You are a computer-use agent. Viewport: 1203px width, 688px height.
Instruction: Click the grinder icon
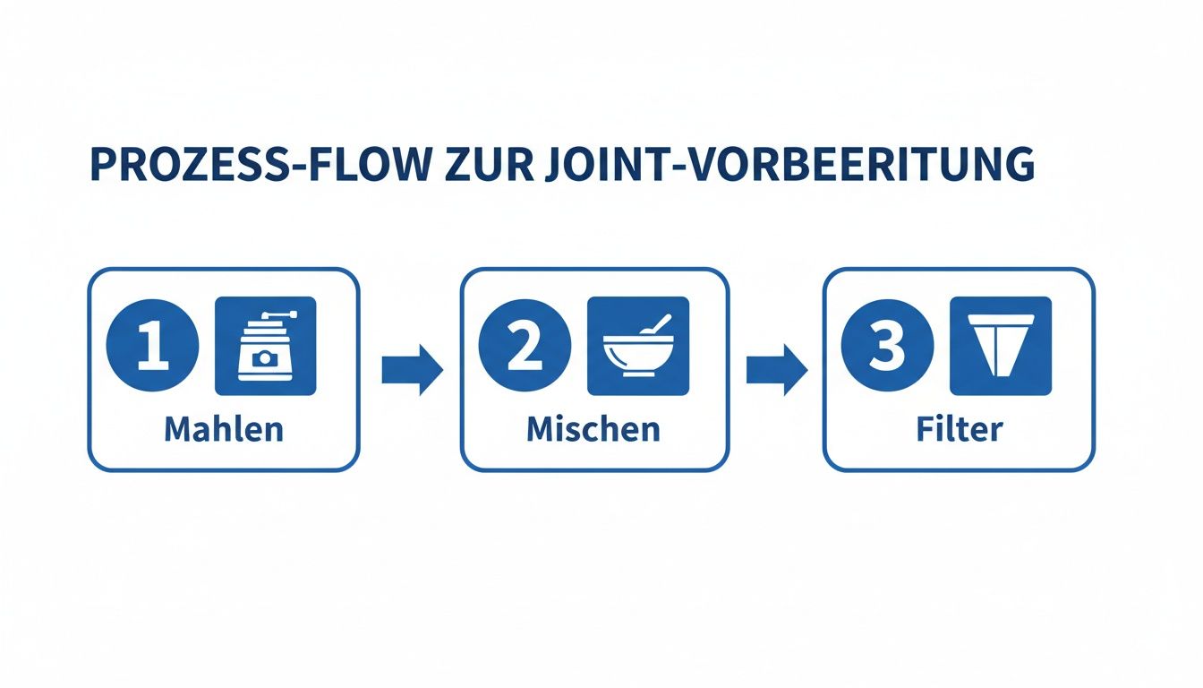pos(265,346)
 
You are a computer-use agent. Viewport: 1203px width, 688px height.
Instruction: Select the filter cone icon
pos(1001,346)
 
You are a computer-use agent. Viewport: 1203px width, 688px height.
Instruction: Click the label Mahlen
pos(224,429)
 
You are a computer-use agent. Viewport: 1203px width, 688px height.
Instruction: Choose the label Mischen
pos(593,429)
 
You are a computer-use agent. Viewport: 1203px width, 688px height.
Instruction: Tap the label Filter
pos(960,429)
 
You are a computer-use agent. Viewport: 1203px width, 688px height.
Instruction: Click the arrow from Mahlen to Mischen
pos(412,369)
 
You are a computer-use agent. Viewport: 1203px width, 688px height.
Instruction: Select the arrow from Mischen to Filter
pos(776,369)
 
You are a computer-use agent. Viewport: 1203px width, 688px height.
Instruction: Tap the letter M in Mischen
pos(542,429)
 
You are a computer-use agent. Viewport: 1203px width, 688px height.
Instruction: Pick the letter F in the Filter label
pos(926,429)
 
